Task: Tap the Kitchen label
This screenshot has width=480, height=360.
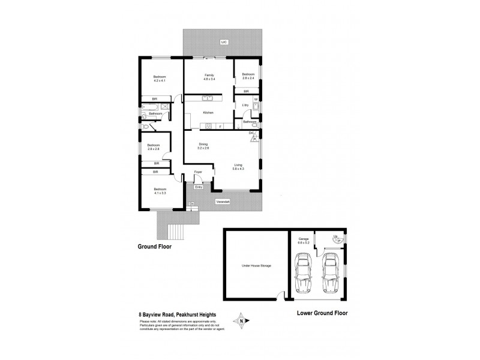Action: coord(208,113)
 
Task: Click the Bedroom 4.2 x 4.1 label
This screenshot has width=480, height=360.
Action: coord(159,79)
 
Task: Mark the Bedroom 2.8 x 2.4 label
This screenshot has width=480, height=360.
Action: coord(248,76)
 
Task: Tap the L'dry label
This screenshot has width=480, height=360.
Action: coord(245,106)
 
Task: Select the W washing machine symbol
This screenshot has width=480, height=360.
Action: coord(256,99)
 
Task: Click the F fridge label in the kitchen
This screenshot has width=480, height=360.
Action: coord(220,127)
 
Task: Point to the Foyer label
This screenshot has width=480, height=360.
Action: coord(199,173)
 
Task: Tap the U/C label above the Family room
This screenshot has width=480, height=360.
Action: coord(223,43)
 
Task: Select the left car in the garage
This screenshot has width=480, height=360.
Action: coord(304,273)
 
